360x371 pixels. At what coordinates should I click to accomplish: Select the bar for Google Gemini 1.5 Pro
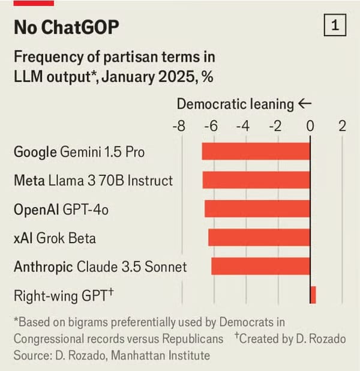coord(256,151)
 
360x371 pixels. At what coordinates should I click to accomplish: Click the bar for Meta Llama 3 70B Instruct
coord(256,180)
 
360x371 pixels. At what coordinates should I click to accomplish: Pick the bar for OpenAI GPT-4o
coord(257,209)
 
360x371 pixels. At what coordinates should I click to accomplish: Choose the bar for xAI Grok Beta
coord(259,238)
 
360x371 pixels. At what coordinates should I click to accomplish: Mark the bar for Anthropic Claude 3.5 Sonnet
coord(260,267)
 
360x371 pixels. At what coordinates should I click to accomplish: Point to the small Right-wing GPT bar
coord(313,295)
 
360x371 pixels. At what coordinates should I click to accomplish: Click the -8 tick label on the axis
coord(178,127)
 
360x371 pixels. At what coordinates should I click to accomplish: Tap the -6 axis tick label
coord(211,127)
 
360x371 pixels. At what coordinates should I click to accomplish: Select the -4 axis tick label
coord(243,127)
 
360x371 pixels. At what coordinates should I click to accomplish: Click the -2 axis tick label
coord(275,127)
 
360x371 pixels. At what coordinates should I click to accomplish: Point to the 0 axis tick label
coord(310,127)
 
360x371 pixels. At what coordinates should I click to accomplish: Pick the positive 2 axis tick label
coord(342,127)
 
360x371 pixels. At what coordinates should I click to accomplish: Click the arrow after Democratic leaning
coord(305,104)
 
